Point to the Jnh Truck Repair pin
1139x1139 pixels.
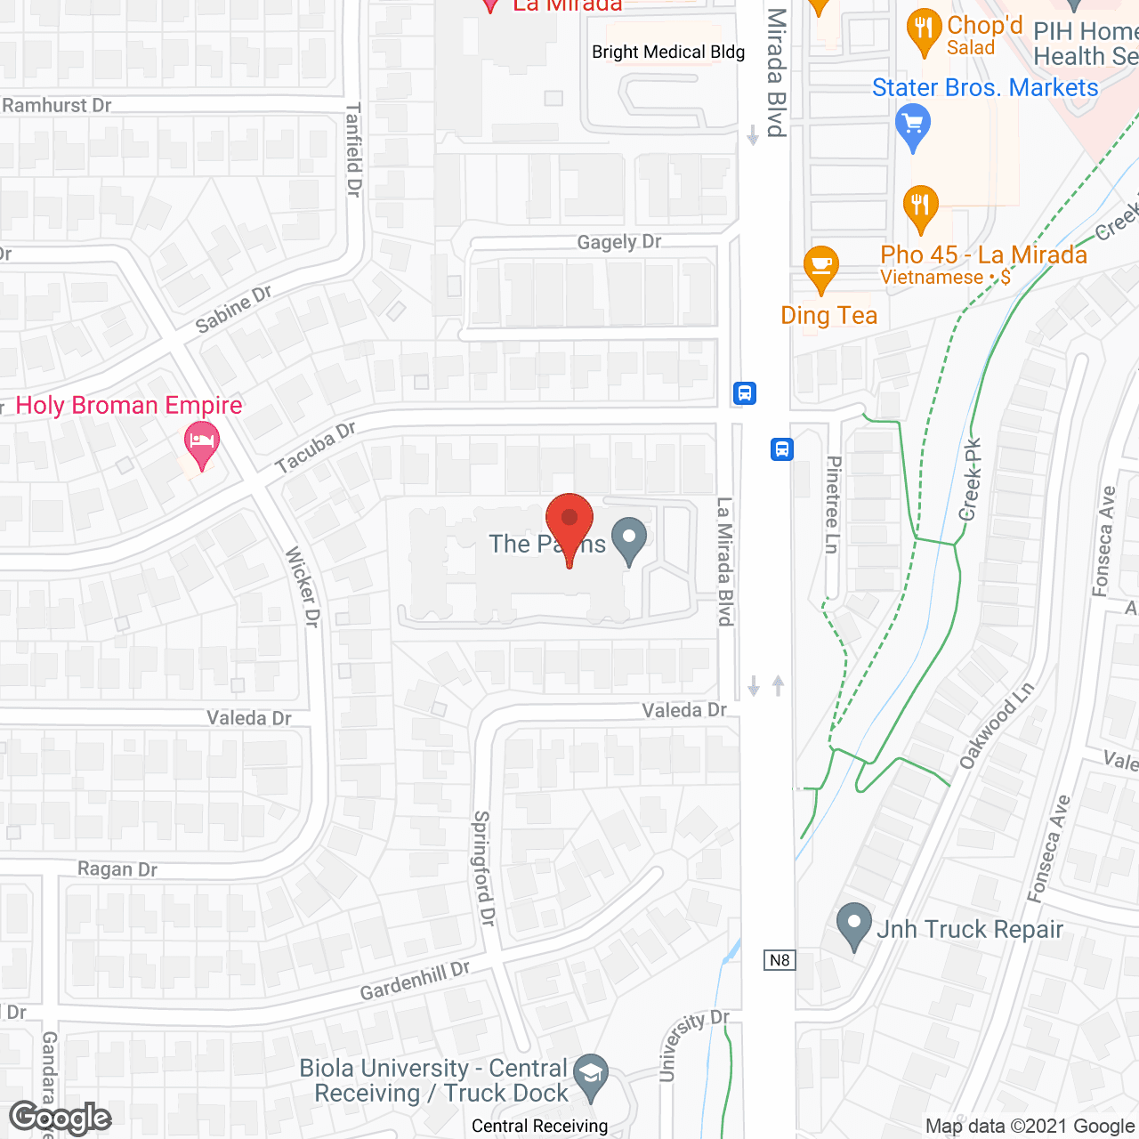tap(854, 925)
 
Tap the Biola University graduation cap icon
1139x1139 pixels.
tap(590, 1074)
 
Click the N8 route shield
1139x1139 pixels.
tap(780, 960)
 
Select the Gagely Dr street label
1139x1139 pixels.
tap(619, 241)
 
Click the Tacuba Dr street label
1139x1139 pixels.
tap(315, 448)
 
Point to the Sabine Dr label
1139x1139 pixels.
tap(233, 309)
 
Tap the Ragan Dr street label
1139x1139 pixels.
tap(117, 869)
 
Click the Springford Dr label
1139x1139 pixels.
tap(483, 868)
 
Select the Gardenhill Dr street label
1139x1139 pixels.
tap(415, 981)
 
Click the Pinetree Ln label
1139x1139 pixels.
tap(833, 505)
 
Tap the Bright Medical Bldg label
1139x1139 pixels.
tap(668, 52)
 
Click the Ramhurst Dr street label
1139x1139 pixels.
tap(57, 105)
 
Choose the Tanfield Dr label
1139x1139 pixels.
tap(353, 149)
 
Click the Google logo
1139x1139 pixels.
tap(60, 1118)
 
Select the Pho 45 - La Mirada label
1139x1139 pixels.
tap(983, 255)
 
